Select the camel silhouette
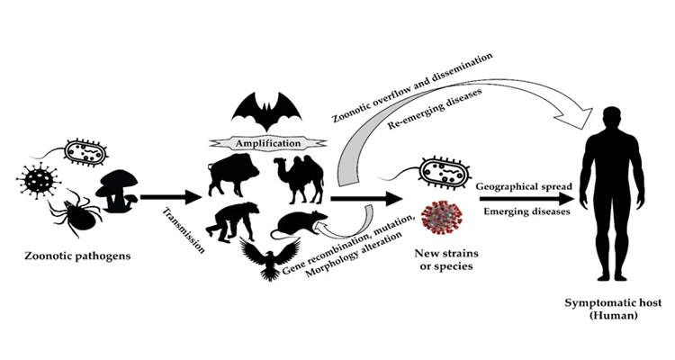click(x=299, y=178)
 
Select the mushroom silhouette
click(x=116, y=189)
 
